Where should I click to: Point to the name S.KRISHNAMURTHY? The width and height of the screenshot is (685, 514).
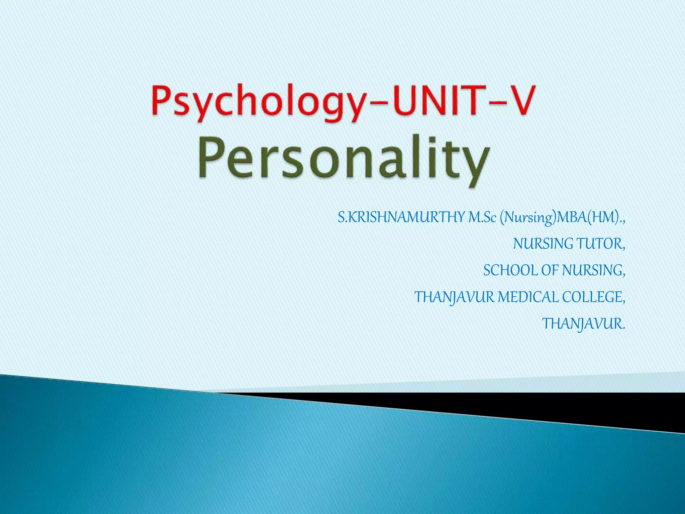[x=401, y=218]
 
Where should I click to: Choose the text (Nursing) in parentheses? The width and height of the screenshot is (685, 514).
[x=528, y=218]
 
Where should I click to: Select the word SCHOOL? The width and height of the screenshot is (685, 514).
[x=510, y=270]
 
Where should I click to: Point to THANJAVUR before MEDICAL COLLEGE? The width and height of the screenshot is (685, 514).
[x=454, y=297]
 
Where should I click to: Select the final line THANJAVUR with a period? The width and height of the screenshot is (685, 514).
[x=583, y=324]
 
